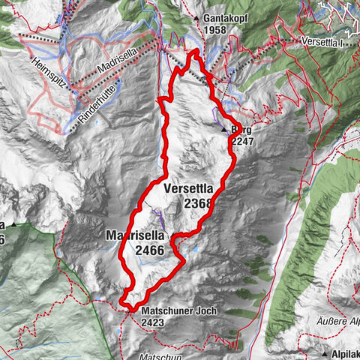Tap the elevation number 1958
point(214,29)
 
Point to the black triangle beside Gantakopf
point(196,17)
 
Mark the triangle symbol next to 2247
point(224,130)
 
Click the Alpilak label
point(346,352)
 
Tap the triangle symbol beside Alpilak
point(325,352)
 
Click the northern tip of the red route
point(196,51)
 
